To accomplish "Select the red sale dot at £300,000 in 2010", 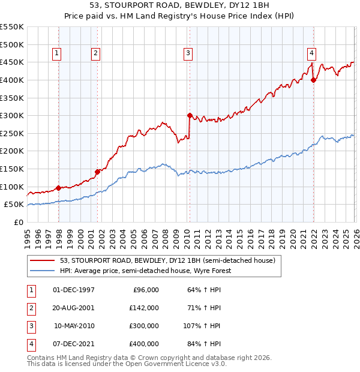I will pyautogui.click(x=190, y=115).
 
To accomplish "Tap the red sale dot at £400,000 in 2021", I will pyautogui.click(x=313, y=80).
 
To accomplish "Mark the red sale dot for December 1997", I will pyautogui.click(x=58, y=188).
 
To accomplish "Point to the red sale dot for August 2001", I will pyautogui.click(x=97, y=172).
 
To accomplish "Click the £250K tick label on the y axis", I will pyautogui.click(x=11, y=133).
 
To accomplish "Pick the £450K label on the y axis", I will pyautogui.click(x=11, y=62).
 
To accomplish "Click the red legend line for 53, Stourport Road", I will pyautogui.click(x=43, y=261).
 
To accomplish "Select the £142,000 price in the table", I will pyautogui.click(x=144, y=308).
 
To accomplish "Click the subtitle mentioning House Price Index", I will pyautogui.click(x=180, y=17).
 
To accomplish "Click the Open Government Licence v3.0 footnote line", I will pyautogui.click(x=127, y=364).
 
